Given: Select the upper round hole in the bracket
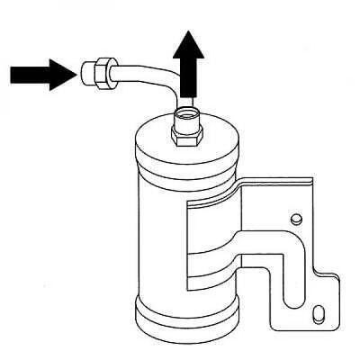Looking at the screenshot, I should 295,220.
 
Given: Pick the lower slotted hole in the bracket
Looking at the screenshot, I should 318,314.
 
